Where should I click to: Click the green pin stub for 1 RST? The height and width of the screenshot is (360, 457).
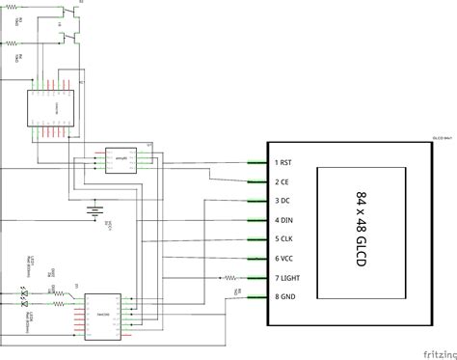[256, 162]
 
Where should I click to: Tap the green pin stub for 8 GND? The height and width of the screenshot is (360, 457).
[256, 297]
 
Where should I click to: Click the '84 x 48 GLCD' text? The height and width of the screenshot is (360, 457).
[362, 230]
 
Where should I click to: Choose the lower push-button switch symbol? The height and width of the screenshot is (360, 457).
[67, 40]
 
